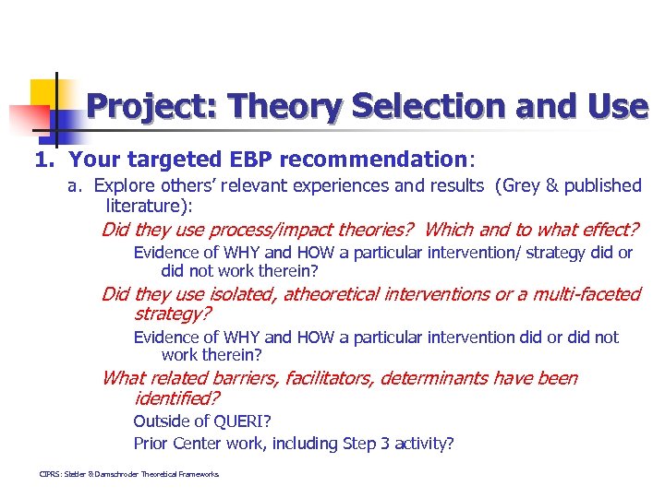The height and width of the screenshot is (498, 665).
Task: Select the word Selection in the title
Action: [420, 107]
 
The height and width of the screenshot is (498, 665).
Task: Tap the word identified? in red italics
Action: [176, 398]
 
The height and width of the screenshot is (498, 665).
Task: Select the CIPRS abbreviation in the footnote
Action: [54, 474]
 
